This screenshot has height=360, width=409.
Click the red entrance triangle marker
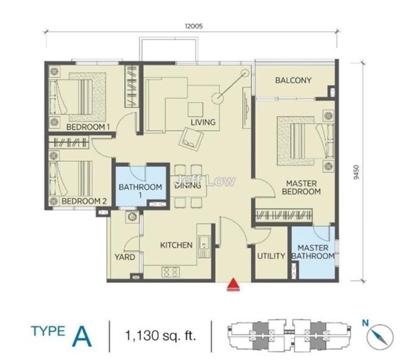(x=233, y=284)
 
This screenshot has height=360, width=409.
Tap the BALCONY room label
(x=293, y=80)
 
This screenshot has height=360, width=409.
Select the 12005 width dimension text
(x=194, y=26)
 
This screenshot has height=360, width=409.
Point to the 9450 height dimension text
(x=357, y=172)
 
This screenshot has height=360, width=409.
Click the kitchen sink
(x=204, y=243)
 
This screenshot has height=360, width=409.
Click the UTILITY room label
(x=271, y=256)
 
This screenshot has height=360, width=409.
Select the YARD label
(x=125, y=257)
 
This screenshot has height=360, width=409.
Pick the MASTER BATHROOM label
(x=313, y=252)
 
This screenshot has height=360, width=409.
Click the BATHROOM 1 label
(x=140, y=191)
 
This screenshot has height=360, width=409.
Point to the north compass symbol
(x=380, y=335)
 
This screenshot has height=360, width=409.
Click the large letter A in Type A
(x=82, y=337)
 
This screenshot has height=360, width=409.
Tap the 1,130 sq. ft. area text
(x=160, y=335)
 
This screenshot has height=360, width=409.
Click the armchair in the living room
(x=191, y=138)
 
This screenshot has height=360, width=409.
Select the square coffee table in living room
(x=196, y=109)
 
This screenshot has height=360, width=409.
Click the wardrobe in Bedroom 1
(x=131, y=86)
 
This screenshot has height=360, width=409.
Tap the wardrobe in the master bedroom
(x=284, y=215)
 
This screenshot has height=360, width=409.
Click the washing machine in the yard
(x=132, y=216)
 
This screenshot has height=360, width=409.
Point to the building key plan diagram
(x=288, y=335)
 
